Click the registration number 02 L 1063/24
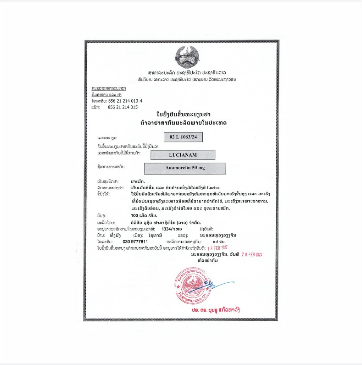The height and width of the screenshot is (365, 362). (x=183, y=137)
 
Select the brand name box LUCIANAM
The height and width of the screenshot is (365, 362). (x=183, y=155)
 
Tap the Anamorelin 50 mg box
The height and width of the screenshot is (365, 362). (x=185, y=168)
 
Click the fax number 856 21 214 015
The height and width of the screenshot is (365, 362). (x=122, y=107)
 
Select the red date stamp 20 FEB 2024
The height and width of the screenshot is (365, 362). (x=252, y=255)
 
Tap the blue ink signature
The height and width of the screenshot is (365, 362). (x=216, y=286)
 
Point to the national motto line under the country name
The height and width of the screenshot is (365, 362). (x=187, y=79)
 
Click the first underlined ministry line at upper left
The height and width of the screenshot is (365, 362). (x=108, y=88)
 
